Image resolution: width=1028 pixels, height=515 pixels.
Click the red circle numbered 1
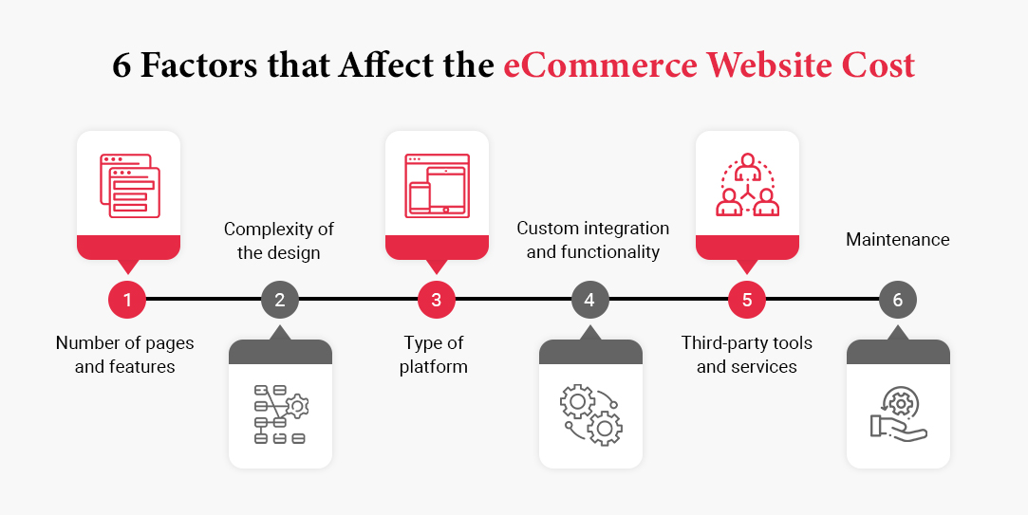(127, 301)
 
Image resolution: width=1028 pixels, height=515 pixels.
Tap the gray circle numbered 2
(280, 301)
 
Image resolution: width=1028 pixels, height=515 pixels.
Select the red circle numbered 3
(436, 301)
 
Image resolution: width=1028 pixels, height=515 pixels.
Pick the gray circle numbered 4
(589, 301)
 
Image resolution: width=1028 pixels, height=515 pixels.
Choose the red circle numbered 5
(747, 301)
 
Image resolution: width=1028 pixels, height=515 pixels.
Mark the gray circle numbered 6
(898, 301)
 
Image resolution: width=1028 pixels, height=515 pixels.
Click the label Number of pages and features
(125, 355)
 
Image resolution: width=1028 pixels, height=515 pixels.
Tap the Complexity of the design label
(279, 241)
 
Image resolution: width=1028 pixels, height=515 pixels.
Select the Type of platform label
(436, 355)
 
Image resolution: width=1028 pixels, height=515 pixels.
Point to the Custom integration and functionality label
(593, 241)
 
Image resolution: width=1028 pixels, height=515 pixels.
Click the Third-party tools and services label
(747, 355)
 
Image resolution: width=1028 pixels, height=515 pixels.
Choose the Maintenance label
(898, 240)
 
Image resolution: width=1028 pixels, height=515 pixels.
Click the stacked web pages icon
(129, 183)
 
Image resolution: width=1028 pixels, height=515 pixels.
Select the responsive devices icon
(437, 183)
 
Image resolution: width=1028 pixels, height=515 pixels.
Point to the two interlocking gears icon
(590, 414)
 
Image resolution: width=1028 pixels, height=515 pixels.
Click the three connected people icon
(747, 184)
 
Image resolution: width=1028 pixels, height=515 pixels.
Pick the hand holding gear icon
(898, 414)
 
